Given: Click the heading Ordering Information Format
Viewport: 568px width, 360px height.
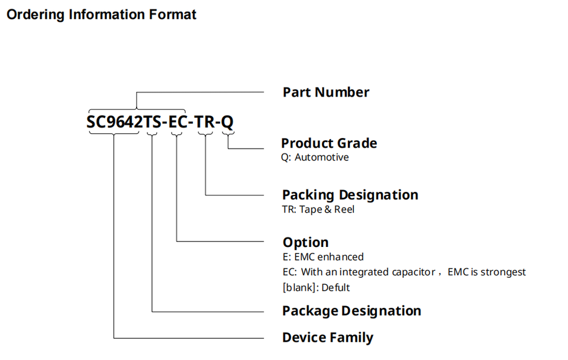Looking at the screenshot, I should click(x=101, y=14).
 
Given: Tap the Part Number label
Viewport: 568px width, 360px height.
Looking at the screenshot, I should click(x=325, y=92).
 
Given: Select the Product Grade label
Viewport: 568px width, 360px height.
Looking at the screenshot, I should click(x=328, y=143).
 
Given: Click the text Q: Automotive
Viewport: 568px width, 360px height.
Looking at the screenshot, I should click(x=315, y=157).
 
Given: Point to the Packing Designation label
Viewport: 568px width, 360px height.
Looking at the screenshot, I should click(x=350, y=195).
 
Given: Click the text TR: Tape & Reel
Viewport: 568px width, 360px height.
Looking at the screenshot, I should click(x=318, y=210).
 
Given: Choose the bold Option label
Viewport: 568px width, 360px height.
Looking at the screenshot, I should click(x=305, y=242).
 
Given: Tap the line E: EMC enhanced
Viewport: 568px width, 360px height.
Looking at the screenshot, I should click(x=323, y=257).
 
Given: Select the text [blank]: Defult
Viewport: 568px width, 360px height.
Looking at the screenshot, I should click(x=316, y=288).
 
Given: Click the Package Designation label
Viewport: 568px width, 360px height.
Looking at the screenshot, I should click(x=351, y=311).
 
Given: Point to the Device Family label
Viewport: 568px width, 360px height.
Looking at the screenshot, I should click(x=327, y=337).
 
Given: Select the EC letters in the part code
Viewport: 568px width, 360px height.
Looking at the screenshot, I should click(x=177, y=123).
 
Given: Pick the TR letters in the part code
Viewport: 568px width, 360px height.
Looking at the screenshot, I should click(x=205, y=123).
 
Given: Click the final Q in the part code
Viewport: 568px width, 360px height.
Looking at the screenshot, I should click(x=227, y=123).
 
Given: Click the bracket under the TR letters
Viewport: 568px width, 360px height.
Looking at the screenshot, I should click(x=205, y=135).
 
